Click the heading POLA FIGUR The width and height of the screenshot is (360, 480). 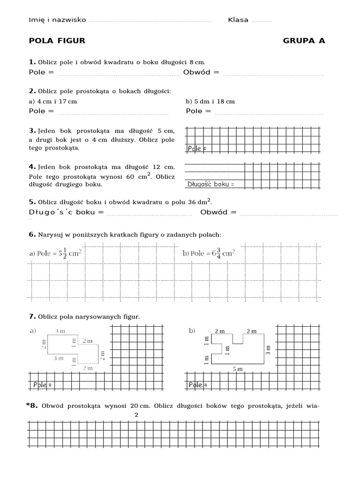click(x=57, y=41)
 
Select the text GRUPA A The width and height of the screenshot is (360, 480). click(x=304, y=41)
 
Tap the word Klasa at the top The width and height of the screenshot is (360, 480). click(x=238, y=20)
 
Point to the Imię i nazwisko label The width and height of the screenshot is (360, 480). click(x=57, y=20)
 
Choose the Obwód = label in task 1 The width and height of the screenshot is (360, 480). click(x=201, y=72)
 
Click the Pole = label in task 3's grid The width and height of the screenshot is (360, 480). click(x=197, y=149)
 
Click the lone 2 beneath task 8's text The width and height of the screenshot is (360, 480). click(x=136, y=415)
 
